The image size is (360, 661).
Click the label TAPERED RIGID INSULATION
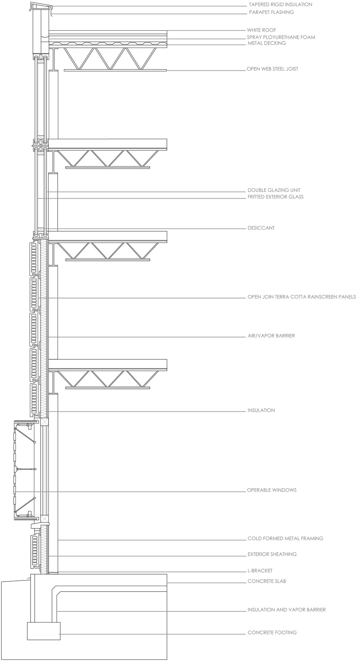[x=280, y=5]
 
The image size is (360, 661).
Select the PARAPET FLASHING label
[x=271, y=12]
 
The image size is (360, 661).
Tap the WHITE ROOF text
[x=261, y=30]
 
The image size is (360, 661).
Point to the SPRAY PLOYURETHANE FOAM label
[x=281, y=37]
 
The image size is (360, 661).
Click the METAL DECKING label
[x=266, y=43]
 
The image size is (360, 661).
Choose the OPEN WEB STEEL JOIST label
[x=272, y=69]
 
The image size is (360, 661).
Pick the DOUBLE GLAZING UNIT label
[x=274, y=191]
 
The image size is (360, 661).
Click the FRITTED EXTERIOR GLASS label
[x=275, y=197]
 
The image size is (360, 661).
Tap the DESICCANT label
[x=261, y=228]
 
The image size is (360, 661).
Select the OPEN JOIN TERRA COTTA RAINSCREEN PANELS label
[x=302, y=297]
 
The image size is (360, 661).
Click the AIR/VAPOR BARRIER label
[x=271, y=336]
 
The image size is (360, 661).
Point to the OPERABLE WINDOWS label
[x=272, y=490]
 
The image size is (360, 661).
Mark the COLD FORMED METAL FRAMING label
[x=285, y=539]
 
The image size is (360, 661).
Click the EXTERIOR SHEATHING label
[x=272, y=554]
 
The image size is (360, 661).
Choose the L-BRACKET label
[x=260, y=571]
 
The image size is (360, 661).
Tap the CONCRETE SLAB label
[x=267, y=581]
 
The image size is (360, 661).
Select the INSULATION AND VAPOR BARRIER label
[x=287, y=610]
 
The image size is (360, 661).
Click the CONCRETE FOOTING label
[x=272, y=633]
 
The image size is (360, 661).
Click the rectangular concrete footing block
[x=44, y=631]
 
